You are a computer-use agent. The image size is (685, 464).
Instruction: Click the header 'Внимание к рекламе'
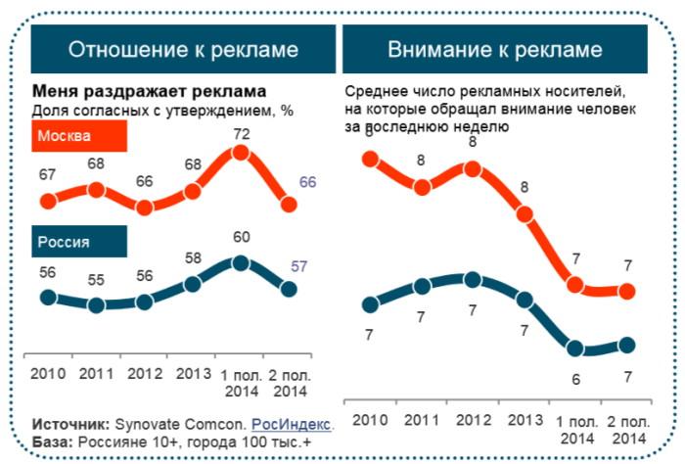coord(494,49)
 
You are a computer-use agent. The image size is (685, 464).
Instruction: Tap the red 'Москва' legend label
coord(65,135)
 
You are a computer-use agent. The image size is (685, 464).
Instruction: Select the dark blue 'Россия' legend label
coord(65,242)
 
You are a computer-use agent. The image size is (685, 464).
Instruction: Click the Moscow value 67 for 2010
coord(47,174)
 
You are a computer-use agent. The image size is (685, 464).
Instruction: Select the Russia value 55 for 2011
coord(96,281)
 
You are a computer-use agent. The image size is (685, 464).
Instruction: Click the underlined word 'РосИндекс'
coord(291,425)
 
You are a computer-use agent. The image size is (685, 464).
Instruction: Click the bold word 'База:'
coord(54,442)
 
